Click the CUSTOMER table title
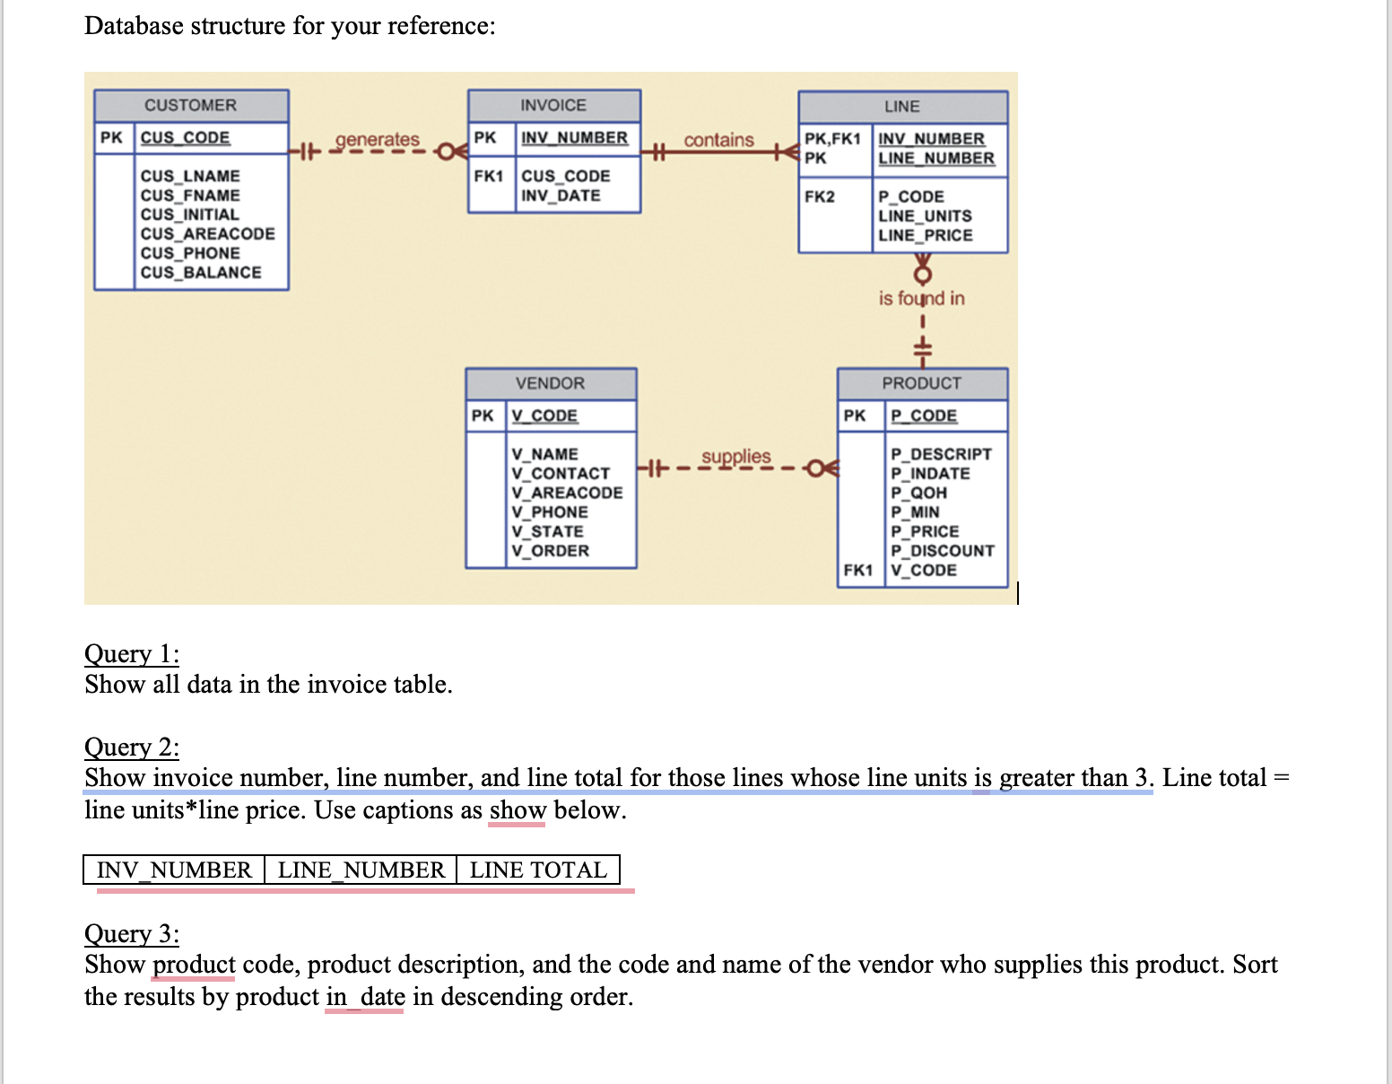[191, 105]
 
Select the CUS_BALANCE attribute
[201, 273]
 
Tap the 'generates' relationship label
[377, 140]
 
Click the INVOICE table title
[553, 105]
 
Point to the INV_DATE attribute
[561, 196]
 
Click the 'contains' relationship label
[718, 140]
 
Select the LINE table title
[901, 106]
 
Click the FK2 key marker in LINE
[819, 197]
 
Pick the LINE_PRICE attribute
[925, 235]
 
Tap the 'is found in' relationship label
[921, 298]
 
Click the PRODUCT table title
[921, 383]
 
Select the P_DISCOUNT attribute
[942, 551]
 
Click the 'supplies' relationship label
[735, 457]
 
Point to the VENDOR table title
[550, 383]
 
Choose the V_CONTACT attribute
[561, 474]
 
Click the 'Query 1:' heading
[132, 653]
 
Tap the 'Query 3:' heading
[132, 933]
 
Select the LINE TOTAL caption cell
[538, 870]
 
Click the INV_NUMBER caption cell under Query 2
[174, 870]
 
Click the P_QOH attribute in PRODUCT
[918, 493]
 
